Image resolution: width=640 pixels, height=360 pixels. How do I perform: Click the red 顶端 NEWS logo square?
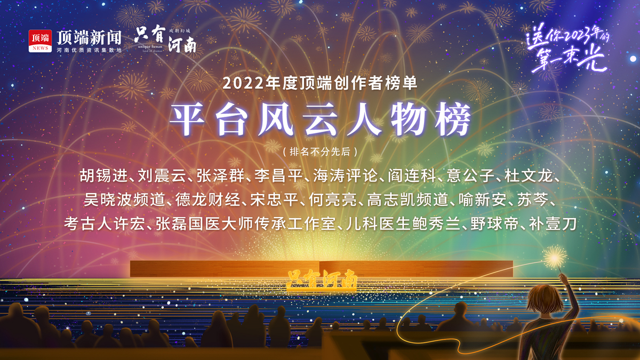[40, 41]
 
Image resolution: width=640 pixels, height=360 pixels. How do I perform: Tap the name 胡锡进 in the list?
[103, 175]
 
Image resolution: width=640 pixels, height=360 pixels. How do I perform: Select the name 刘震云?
[162, 175]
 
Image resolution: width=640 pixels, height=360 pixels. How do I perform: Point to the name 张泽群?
[220, 175]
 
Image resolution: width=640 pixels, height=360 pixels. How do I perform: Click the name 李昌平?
[278, 175]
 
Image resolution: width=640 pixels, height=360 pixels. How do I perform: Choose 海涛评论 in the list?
[346, 175]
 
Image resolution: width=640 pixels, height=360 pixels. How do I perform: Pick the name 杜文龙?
[529, 175]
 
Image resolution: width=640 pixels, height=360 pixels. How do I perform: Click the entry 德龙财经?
[207, 199]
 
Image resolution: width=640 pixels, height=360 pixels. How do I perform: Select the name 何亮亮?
[333, 199]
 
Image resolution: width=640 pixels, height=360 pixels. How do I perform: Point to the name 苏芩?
[533, 199]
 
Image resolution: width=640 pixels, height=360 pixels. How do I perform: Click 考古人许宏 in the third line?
[105, 223]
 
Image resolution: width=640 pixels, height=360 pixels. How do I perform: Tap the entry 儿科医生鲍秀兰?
[403, 223]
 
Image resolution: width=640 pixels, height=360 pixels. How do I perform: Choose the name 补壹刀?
[553, 223]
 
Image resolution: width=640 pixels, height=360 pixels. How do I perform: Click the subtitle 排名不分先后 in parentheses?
[320, 151]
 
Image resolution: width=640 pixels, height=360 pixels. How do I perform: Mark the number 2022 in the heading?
[243, 83]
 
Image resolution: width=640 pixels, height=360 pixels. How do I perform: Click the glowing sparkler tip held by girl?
[554, 259]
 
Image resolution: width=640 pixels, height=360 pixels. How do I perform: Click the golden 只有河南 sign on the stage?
[322, 279]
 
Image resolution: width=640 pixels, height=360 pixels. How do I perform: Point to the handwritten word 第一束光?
[569, 59]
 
